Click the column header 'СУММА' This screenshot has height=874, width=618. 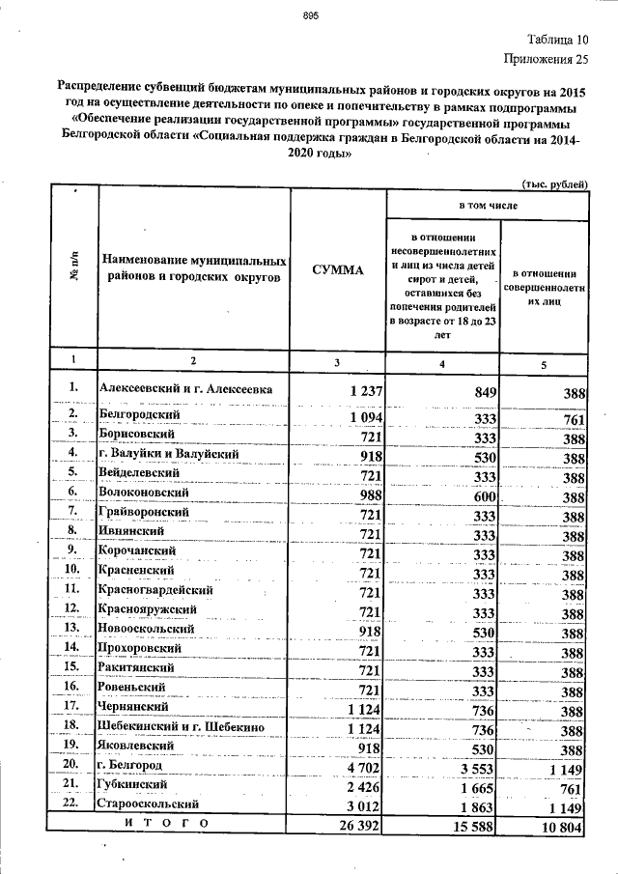[337, 270]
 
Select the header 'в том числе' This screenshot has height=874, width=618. [487, 207]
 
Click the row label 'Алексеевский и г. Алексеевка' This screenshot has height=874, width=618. [185, 389]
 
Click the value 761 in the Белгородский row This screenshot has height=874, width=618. [574, 419]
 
